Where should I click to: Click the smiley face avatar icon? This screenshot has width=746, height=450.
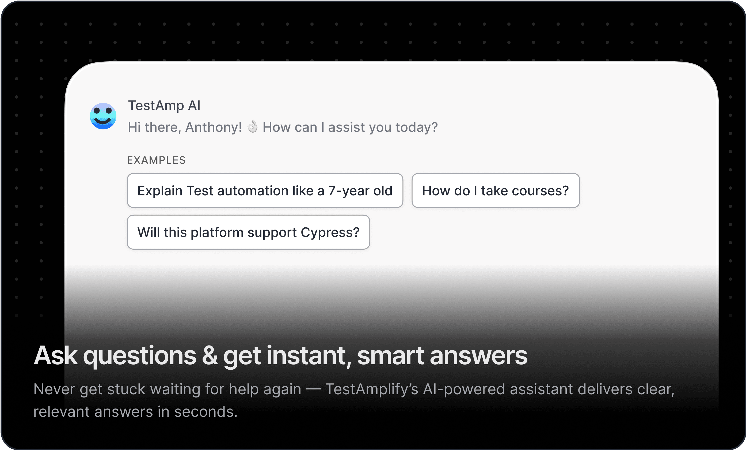pos(103,116)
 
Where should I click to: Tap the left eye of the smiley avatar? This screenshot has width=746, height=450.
pos(97,111)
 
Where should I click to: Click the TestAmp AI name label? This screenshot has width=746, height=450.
pos(164,106)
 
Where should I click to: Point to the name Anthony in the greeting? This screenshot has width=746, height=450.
pos(214,127)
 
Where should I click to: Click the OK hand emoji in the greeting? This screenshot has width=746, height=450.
pos(253,126)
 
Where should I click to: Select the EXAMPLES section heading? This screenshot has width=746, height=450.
pos(156,160)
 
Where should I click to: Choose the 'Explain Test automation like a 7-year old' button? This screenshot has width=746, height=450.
pos(265,191)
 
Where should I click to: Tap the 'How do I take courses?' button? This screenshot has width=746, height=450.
pos(496,191)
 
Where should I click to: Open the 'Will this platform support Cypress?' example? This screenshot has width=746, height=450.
pos(248,232)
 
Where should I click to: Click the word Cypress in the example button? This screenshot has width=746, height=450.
pos(330,233)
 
